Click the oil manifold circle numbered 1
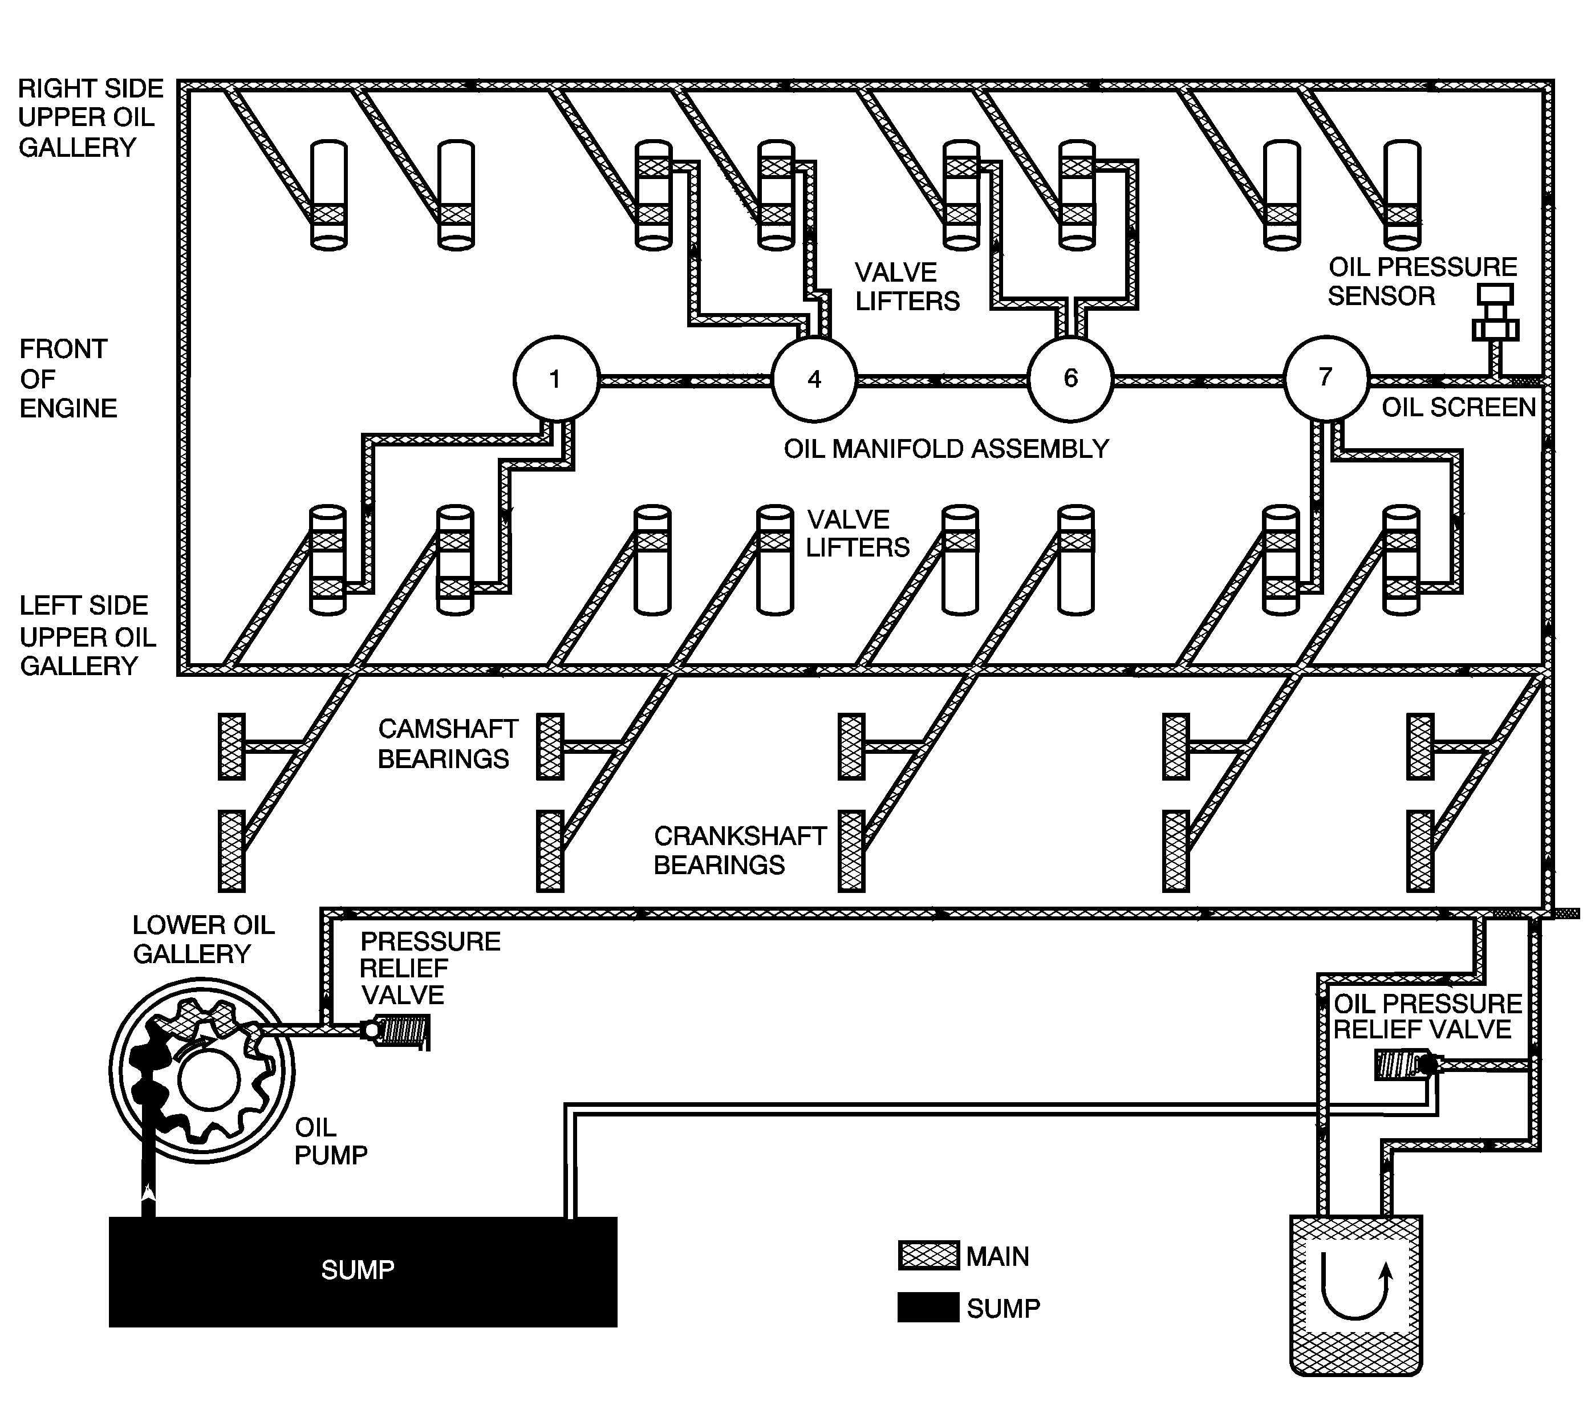(x=555, y=379)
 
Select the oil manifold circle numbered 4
(x=814, y=379)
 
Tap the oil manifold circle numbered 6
(x=1070, y=379)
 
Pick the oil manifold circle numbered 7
(x=1326, y=377)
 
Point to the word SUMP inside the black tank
(x=358, y=1270)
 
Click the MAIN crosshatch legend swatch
(x=928, y=1256)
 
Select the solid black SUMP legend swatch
(x=928, y=1307)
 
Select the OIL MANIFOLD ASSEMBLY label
(x=945, y=449)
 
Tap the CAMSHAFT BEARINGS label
(x=447, y=744)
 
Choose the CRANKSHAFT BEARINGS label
(x=738, y=850)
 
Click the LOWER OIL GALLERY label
(x=203, y=939)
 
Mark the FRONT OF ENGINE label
(x=67, y=379)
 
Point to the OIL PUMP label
(x=330, y=1140)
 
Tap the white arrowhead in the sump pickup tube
(x=148, y=1191)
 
